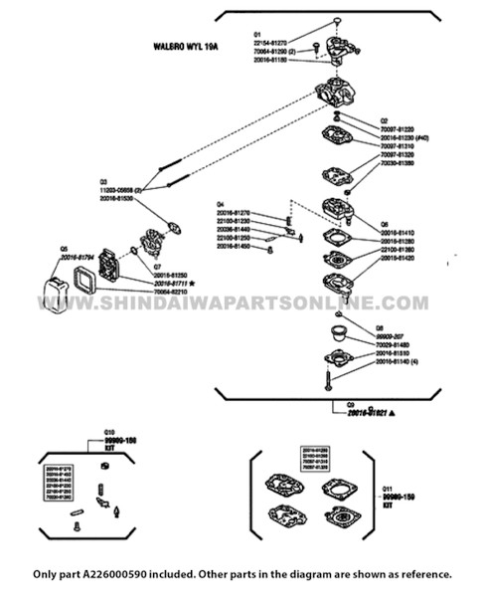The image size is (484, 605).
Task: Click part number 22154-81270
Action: point(270,44)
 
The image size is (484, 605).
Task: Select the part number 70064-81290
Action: point(269,51)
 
